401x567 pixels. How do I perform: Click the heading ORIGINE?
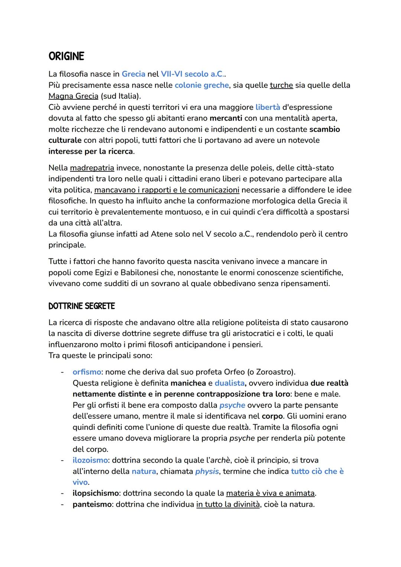coord(66,57)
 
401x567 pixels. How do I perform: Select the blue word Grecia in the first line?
coord(133,74)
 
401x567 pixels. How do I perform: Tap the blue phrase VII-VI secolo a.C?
coord(192,74)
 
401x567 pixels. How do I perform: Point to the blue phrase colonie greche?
coord(202,85)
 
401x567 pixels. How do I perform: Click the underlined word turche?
coord(281,85)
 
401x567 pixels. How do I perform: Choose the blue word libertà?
coord(268,107)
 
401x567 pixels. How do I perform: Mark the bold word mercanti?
coord(226,118)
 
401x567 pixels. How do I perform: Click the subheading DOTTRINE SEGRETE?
coord(82,306)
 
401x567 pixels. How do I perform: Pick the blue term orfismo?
coord(87,372)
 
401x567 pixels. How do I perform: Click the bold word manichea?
coord(188,383)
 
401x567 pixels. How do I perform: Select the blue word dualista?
coord(229,383)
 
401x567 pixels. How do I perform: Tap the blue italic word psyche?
coord(232,405)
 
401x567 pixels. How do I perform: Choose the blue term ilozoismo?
coord(90,460)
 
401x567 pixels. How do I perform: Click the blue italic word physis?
coord(207,471)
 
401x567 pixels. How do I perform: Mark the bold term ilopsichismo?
coord(95,493)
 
